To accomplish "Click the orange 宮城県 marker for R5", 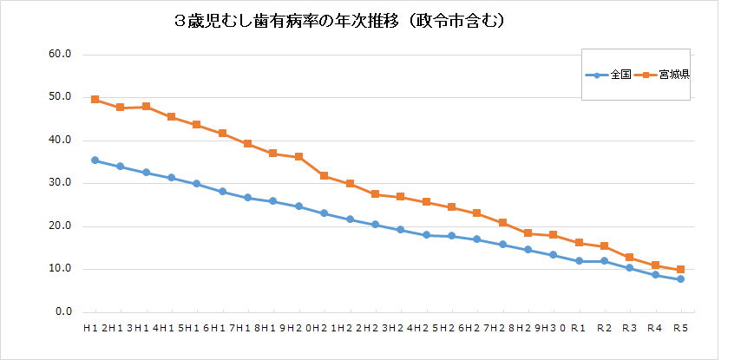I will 680,270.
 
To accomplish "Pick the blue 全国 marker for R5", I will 680,279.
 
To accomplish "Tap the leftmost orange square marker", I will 95,100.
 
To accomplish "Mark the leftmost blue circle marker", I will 95,160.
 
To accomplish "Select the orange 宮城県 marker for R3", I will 630,258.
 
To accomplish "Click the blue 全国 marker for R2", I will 604,261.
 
